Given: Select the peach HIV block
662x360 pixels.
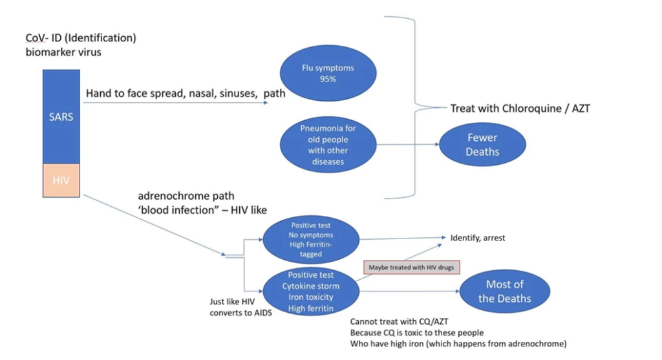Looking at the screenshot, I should tap(61, 180).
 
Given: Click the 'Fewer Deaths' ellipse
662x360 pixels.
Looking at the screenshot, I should tap(482, 145).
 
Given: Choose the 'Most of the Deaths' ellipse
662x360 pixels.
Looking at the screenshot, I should tap(504, 291).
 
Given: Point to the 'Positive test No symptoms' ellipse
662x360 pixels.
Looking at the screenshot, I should tap(312, 240).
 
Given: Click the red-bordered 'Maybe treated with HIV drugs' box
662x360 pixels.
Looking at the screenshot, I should tap(412, 267).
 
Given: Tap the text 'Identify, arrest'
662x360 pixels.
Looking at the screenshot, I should tap(478, 238).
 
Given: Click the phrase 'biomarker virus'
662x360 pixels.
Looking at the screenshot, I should tap(59, 52).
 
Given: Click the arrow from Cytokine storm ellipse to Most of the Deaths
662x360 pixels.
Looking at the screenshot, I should tap(408, 291).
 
